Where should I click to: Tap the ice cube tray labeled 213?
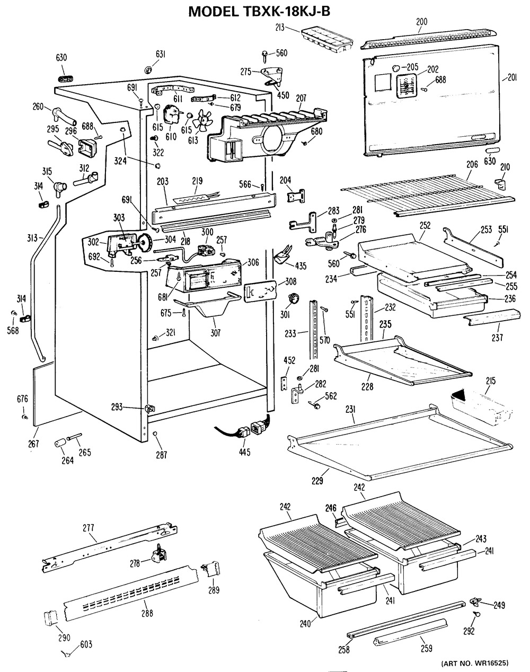click(x=325, y=39)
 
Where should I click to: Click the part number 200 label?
click(x=421, y=22)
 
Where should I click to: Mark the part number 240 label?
click(x=304, y=624)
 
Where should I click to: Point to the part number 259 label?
click(x=426, y=648)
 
